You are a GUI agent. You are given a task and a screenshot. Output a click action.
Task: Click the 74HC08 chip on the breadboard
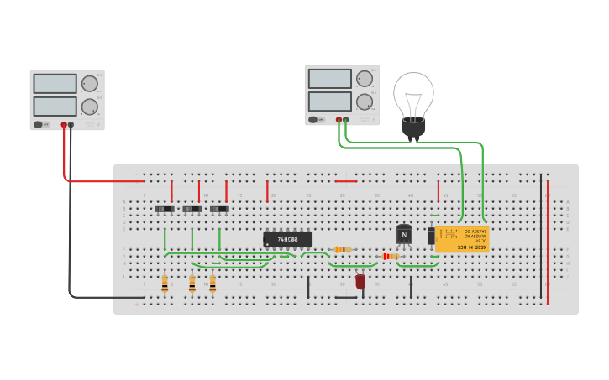287,239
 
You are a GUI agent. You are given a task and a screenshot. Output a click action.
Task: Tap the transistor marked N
404,235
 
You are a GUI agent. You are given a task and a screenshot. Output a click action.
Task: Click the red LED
360,282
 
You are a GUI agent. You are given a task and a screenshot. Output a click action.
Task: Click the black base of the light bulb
413,128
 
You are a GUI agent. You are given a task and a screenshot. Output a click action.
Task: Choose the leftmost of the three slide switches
165,208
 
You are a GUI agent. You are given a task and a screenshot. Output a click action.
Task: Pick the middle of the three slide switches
192,208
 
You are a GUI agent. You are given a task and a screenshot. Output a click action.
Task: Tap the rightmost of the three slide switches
219,208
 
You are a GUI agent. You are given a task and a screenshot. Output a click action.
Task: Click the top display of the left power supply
55,84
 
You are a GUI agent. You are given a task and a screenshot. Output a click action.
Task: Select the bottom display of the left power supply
55,107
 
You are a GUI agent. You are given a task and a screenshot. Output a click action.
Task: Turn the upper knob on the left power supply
89,83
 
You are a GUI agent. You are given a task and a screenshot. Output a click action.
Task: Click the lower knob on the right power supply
365,102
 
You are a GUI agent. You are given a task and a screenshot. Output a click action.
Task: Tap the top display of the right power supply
329,79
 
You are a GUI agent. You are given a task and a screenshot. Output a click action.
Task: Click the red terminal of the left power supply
64,125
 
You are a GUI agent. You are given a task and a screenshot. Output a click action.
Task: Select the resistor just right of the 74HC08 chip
342,249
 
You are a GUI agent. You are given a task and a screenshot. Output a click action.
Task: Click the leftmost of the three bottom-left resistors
165,284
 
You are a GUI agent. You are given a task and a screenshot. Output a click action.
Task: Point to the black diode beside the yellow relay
432,236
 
